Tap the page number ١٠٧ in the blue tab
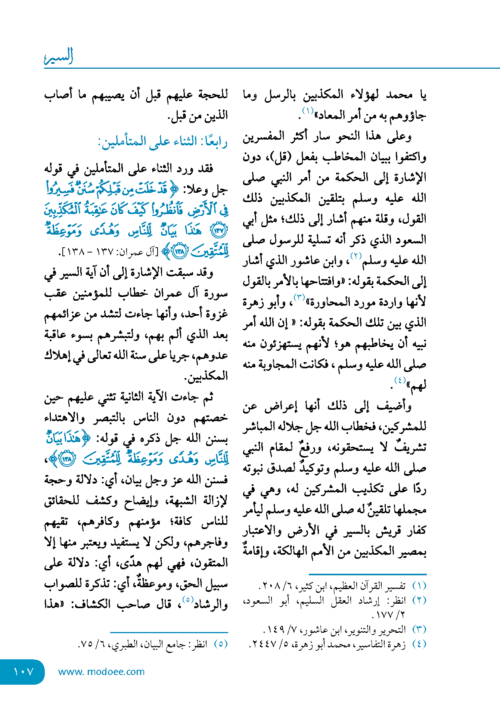click(23, 672)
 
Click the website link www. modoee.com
click(101, 672)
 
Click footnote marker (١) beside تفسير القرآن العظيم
click(419, 585)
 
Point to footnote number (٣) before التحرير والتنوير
click(419, 629)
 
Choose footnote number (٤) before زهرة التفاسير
click(419, 644)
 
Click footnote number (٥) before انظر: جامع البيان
click(220, 644)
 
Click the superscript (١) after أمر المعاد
click(308, 111)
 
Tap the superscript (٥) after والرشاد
click(187, 600)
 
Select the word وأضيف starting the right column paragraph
click(394, 406)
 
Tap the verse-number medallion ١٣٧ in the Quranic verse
click(219, 230)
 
